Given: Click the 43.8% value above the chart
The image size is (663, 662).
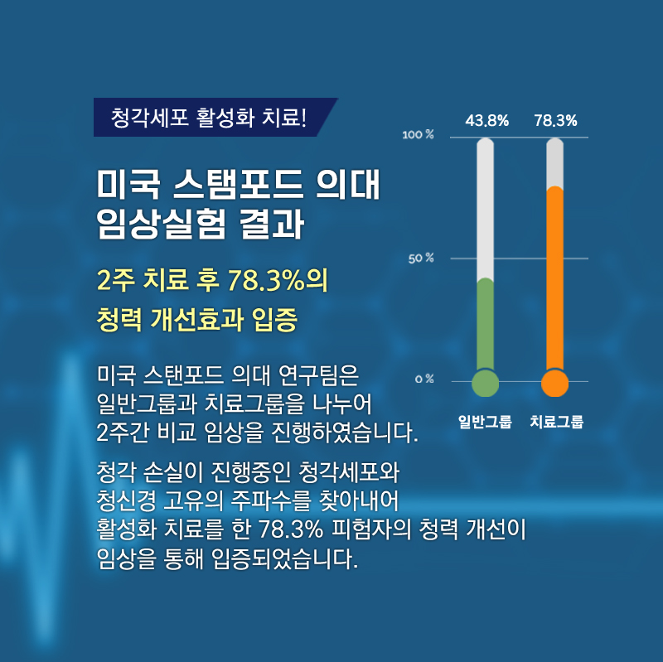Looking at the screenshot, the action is click(x=486, y=121).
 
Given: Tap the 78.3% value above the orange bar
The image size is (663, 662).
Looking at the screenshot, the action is click(x=555, y=121).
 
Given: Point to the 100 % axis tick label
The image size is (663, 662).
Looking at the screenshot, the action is click(x=418, y=135).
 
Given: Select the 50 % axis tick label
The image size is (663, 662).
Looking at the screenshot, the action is click(x=421, y=259).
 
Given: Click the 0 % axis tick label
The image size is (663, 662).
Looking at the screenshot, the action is click(x=424, y=379).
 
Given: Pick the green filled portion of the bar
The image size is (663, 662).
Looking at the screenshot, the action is click(x=486, y=326).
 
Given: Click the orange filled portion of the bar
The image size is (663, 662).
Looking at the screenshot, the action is click(x=554, y=279).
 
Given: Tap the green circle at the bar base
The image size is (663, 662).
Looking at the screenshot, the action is click(x=486, y=384).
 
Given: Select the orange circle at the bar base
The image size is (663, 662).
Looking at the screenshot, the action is click(x=554, y=384).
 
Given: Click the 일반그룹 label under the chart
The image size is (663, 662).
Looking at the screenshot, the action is click(x=485, y=422).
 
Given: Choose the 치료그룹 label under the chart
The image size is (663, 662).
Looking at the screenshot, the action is click(x=556, y=422).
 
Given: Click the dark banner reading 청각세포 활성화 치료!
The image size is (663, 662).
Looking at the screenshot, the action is click(x=215, y=117).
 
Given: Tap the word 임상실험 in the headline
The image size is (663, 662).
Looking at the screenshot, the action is click(x=161, y=224).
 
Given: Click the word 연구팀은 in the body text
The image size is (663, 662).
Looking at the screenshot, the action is click(x=318, y=374).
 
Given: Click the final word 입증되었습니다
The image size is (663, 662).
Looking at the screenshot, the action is click(x=284, y=559).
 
